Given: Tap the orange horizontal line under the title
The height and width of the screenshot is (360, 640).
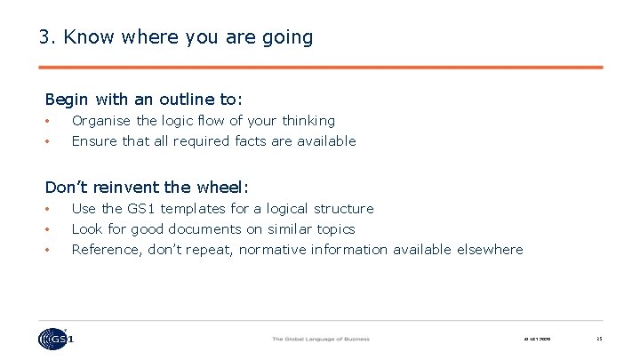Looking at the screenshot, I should [x=321, y=67].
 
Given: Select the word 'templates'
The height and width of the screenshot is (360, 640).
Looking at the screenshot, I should [x=195, y=209].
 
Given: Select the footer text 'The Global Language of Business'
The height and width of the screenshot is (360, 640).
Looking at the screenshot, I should [x=320, y=339].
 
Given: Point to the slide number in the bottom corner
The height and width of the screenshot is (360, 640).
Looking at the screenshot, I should [x=599, y=339].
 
